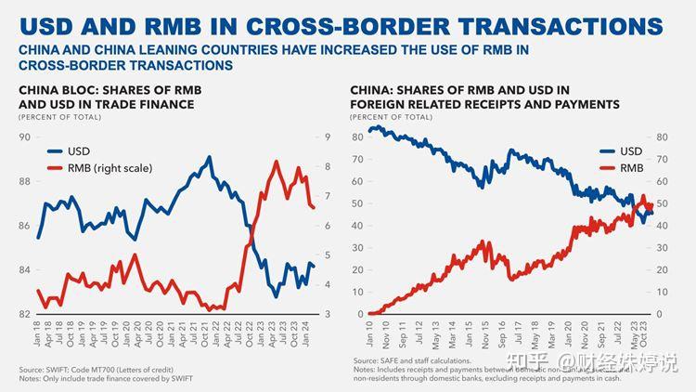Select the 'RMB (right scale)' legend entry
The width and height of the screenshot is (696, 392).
[x=110, y=167]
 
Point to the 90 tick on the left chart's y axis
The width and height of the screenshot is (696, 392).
[x=23, y=137]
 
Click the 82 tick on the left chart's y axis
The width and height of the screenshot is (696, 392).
[x=23, y=314]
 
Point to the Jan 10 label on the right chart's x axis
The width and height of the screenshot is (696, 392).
[x=369, y=333]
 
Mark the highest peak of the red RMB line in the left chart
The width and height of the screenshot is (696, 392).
[x=277, y=163]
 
